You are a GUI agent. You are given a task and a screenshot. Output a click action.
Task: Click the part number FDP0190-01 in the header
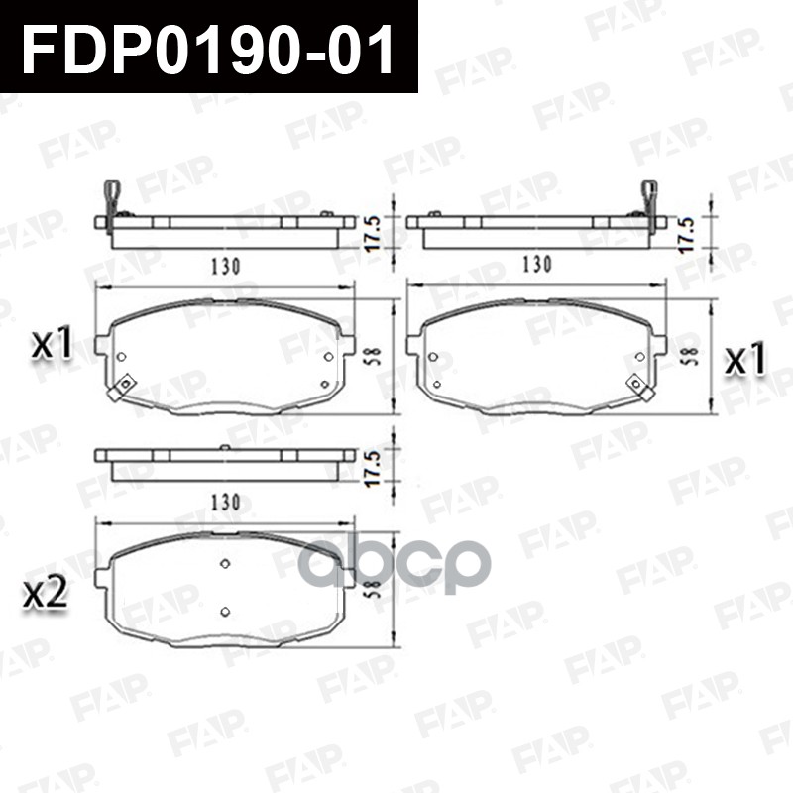[208, 47]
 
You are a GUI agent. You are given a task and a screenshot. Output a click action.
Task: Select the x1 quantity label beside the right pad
[744, 361]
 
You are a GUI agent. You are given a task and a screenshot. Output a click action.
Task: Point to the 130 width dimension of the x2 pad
[225, 503]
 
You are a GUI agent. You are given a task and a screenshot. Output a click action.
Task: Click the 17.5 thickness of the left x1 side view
[375, 232]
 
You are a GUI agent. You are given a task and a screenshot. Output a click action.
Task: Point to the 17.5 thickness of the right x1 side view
[688, 231]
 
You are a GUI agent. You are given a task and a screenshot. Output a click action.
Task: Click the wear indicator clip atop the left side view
[112, 194]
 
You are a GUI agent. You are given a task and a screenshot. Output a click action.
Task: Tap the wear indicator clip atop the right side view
[649, 194]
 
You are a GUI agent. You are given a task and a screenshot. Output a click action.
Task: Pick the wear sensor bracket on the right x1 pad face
[638, 387]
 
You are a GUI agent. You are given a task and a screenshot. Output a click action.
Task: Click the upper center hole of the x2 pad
[225, 564]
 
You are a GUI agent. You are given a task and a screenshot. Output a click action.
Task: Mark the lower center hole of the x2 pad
[225, 612]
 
